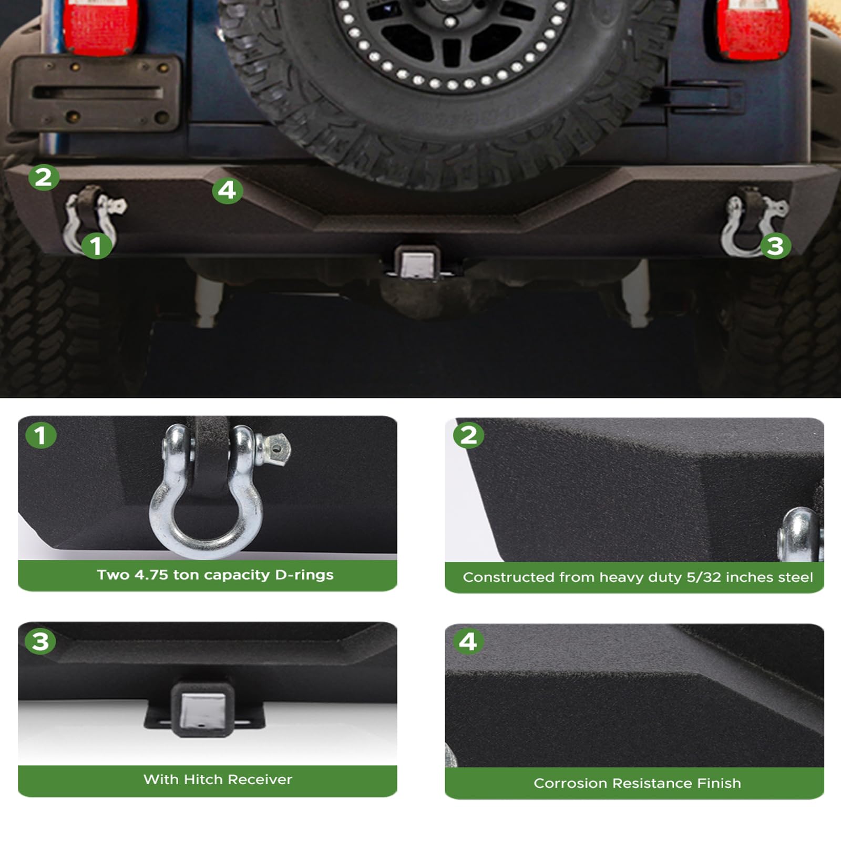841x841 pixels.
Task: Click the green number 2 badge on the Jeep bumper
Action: [44, 177]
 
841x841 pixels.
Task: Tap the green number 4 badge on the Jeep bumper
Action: [227, 190]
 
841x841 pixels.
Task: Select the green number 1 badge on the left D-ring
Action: [96, 245]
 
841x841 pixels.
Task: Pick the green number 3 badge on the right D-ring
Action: [775, 245]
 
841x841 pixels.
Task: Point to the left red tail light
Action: [100, 26]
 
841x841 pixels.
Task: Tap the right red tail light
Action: [753, 29]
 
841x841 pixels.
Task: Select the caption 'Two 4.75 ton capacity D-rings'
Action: [215, 575]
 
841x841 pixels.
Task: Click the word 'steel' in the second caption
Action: [795, 577]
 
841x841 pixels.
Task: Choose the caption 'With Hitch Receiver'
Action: [218, 779]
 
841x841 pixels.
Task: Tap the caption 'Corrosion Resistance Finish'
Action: [637, 783]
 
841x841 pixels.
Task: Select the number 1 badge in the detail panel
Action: [40, 435]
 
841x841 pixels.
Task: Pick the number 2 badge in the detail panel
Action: [468, 435]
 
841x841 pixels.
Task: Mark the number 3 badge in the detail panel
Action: [40, 641]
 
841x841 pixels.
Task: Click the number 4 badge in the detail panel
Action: [468, 641]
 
